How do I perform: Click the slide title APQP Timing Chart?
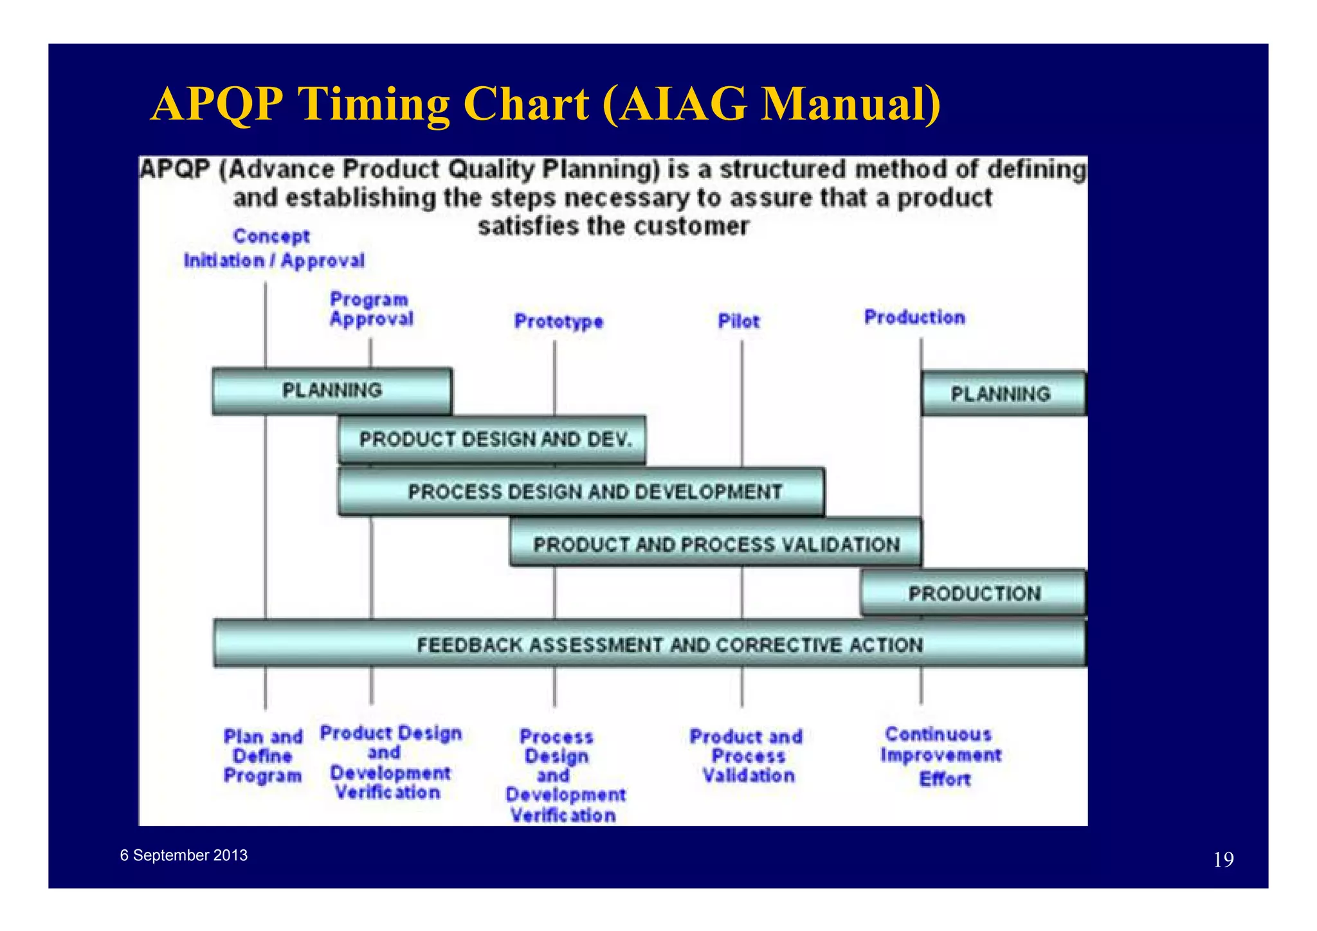(545, 104)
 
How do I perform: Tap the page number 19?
(1223, 860)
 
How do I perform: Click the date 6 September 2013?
(184, 855)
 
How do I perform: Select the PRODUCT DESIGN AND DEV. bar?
(493, 440)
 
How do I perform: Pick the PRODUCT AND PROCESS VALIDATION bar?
(716, 545)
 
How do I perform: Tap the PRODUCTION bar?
(974, 593)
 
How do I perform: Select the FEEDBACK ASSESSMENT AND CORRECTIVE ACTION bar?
(649, 644)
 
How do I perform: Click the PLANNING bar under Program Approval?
(332, 391)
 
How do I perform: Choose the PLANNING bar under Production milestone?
(1001, 393)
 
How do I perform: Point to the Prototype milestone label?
(558, 321)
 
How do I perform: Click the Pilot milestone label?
(738, 321)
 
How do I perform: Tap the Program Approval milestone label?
(371, 309)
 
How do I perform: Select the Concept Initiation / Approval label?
(273, 248)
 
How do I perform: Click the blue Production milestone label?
(914, 317)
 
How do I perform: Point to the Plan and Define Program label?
(262, 756)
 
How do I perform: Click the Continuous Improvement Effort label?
(941, 756)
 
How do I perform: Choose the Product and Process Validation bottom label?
(747, 756)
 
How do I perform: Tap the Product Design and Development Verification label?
(390, 763)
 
